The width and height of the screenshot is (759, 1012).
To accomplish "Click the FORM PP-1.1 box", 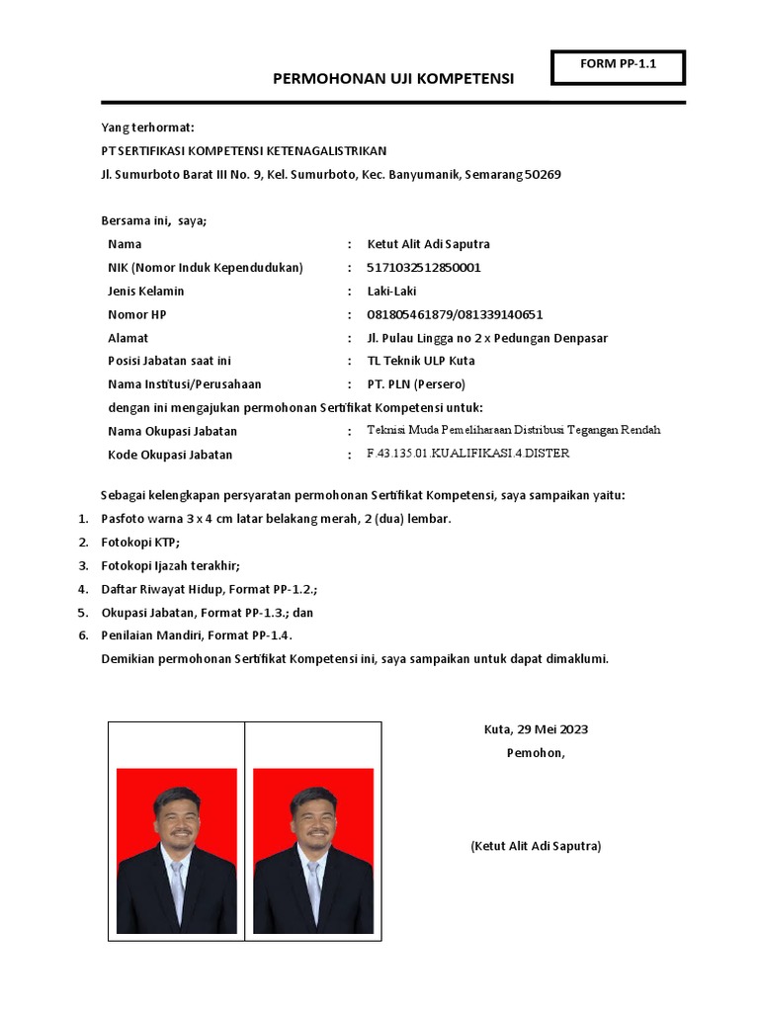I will pyautogui.click(x=619, y=67).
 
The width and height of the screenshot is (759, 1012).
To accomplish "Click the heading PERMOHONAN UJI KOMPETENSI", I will pyautogui.click(x=393, y=79).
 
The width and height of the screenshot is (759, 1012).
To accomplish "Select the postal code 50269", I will pyautogui.click(x=543, y=175).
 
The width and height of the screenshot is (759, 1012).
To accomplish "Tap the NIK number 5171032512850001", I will pyautogui.click(x=424, y=268).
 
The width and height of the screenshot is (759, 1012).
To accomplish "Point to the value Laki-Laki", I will pyautogui.click(x=391, y=292).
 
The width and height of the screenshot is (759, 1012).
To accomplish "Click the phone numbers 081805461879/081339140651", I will pyautogui.click(x=455, y=315).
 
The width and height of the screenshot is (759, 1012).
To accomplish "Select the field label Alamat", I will pyautogui.click(x=127, y=338).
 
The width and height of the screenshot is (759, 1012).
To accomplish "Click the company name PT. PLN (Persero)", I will pyautogui.click(x=416, y=384).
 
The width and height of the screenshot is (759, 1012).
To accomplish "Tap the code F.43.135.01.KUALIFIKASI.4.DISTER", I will pyautogui.click(x=467, y=454).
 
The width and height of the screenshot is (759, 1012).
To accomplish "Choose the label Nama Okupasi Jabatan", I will pyautogui.click(x=172, y=431).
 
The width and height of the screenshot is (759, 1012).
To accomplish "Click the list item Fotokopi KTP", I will pyautogui.click(x=140, y=543).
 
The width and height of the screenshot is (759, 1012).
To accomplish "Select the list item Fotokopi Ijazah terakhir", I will pyautogui.click(x=170, y=566).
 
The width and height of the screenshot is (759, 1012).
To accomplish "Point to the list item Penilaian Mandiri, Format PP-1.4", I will pyautogui.click(x=197, y=635).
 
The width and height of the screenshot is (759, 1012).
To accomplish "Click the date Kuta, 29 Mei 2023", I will pyautogui.click(x=536, y=729).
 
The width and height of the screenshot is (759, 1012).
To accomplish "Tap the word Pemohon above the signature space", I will pyautogui.click(x=535, y=753).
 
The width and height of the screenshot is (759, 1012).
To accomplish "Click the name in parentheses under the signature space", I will pyautogui.click(x=536, y=846).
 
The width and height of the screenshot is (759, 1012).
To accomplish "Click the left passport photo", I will pyautogui.click(x=177, y=851).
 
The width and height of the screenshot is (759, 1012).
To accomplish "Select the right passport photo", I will pyautogui.click(x=313, y=851).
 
